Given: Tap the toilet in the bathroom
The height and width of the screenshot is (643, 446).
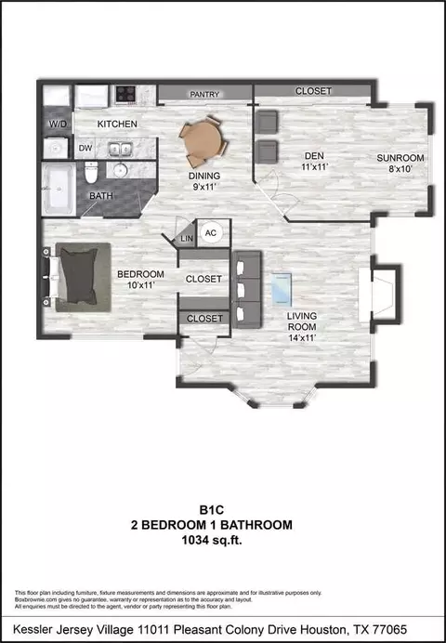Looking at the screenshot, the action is click(x=91, y=173).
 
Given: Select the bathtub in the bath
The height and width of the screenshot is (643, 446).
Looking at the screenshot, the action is click(x=59, y=189).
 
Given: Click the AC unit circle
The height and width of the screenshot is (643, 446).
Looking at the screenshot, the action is click(x=211, y=233).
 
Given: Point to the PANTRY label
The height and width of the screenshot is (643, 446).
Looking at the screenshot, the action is click(x=204, y=95).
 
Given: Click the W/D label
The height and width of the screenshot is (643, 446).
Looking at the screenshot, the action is click(x=58, y=124).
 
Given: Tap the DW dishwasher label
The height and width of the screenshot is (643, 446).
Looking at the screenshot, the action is click(x=86, y=148).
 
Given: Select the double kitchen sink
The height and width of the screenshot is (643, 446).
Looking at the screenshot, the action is click(x=120, y=149).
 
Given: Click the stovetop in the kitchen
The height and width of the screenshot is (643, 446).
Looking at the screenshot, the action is click(x=125, y=94).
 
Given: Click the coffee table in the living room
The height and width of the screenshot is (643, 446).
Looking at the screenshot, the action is click(x=282, y=290).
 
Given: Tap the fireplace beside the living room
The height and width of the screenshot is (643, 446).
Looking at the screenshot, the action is click(x=379, y=295).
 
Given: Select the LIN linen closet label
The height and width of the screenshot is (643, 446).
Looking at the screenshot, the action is click(x=187, y=238).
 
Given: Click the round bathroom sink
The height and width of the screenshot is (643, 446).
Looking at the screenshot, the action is click(x=120, y=170).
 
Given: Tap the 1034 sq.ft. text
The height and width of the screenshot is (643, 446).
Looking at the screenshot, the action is click(x=212, y=541).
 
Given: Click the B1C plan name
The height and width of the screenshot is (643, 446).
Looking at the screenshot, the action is click(x=212, y=510).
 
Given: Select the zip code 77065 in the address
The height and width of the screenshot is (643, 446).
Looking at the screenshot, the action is click(x=391, y=629).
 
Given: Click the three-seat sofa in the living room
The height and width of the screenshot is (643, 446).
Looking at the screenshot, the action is click(x=247, y=290).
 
